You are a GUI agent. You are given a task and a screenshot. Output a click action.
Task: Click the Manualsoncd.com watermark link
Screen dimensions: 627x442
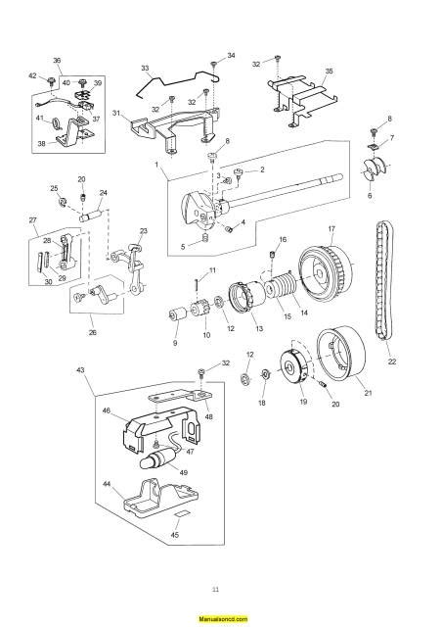[x=221, y=620]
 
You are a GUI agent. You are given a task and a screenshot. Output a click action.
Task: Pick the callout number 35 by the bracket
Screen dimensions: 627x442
[x=329, y=72]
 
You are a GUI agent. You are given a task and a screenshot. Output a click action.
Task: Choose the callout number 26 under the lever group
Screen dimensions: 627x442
[x=93, y=332]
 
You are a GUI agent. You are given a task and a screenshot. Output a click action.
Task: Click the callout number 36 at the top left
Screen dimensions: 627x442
[x=57, y=61]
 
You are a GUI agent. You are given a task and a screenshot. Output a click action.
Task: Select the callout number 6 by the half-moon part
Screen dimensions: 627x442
[x=370, y=196]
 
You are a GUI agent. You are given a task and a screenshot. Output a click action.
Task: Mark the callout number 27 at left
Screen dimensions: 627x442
[x=32, y=219]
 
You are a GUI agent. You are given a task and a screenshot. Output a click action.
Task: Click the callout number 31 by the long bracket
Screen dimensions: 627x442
[x=115, y=113]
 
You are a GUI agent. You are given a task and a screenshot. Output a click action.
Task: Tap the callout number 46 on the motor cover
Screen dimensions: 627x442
[x=106, y=412]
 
